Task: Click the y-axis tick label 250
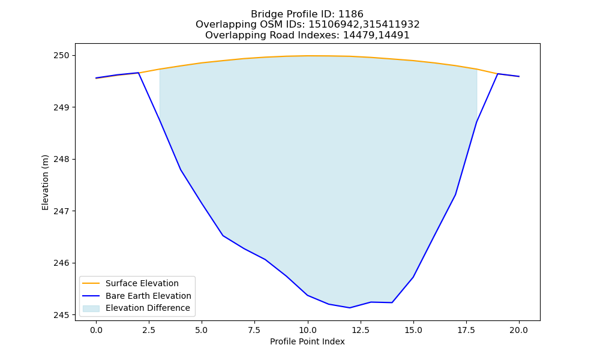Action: [x=61, y=55]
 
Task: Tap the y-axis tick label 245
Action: [x=61, y=315]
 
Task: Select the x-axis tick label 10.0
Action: [x=308, y=330]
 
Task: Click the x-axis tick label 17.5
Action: [x=466, y=330]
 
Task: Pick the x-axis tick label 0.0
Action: [x=96, y=330]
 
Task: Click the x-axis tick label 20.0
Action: [x=519, y=330]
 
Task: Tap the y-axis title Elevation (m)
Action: [x=45, y=182]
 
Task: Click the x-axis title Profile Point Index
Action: [x=307, y=341]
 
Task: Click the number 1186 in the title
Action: [x=351, y=14]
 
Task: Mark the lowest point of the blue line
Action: [x=349, y=308]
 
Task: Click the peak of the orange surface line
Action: [x=308, y=56]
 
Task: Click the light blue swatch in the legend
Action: [x=91, y=308]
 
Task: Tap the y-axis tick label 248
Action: [x=61, y=159]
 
